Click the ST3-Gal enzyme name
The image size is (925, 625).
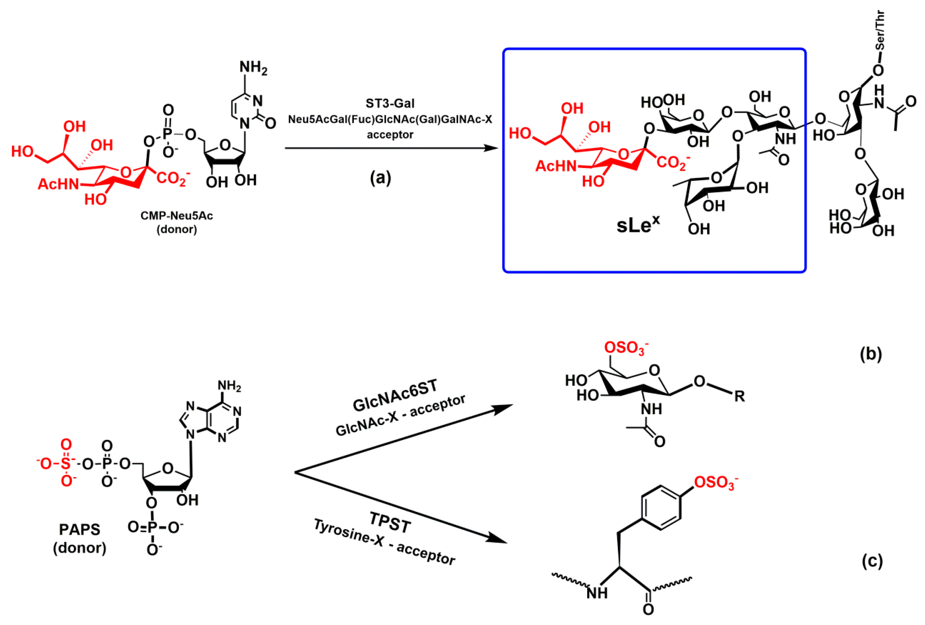[390, 103]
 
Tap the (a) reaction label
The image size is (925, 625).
[380, 178]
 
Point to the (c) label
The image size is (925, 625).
[872, 561]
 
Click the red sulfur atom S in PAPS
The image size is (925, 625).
[66, 464]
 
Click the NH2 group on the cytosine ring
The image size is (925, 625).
[253, 68]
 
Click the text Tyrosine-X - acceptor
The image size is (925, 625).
[384, 543]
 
